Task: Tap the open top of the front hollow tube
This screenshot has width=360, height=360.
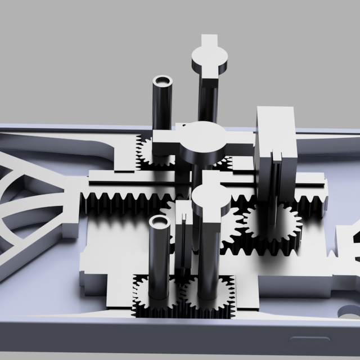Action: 160,222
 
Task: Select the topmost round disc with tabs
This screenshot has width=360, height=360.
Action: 210,58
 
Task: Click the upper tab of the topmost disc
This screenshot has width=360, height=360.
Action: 209,40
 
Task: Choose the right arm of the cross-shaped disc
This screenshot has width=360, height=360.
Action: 241,139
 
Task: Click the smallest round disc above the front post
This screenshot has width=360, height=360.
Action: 210,199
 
